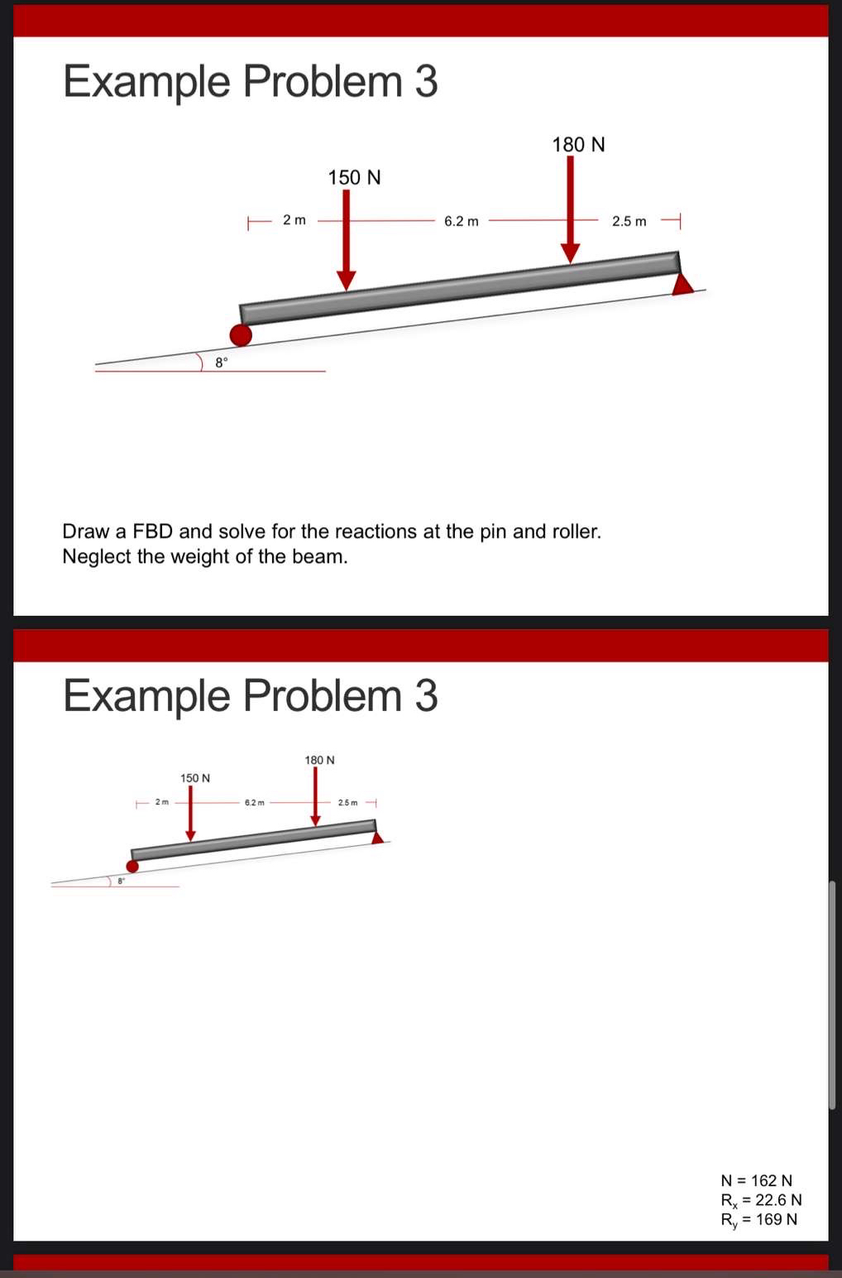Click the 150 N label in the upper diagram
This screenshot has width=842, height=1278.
(354, 177)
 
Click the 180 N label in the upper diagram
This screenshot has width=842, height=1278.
(578, 145)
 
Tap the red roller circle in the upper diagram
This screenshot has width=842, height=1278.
(241, 334)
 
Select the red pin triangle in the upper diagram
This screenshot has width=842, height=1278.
(682, 285)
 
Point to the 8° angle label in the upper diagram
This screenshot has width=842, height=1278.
(221, 362)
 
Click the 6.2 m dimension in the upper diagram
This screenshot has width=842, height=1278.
(461, 221)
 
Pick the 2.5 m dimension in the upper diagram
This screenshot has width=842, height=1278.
(629, 221)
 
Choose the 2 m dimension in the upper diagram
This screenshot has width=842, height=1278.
(294, 220)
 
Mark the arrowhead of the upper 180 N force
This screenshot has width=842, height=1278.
(570, 252)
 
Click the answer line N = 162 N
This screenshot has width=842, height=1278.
(756, 1180)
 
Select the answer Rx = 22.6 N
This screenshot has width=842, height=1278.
(761, 1200)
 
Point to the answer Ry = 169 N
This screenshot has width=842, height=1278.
(758, 1219)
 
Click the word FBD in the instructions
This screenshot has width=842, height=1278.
(151, 531)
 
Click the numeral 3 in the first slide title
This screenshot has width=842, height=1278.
(426, 82)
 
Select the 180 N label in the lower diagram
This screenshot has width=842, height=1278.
(319, 760)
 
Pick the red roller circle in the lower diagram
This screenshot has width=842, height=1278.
(132, 866)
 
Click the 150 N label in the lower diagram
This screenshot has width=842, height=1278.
(195, 778)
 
